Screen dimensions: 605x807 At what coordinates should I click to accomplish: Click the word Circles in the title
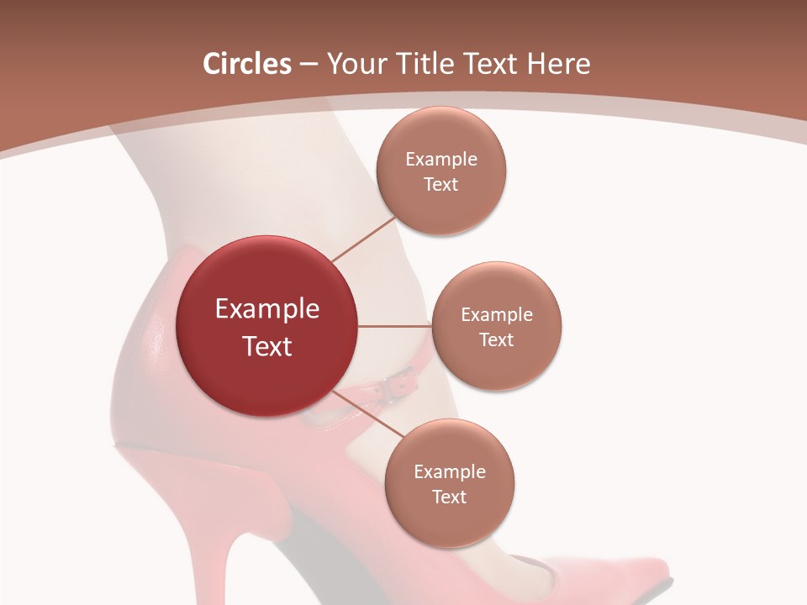tap(247, 64)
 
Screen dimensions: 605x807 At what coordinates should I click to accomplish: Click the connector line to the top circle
tap(363, 239)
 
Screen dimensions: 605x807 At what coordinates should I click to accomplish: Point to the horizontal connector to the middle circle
tap(394, 326)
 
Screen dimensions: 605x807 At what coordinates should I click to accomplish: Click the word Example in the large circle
tap(267, 309)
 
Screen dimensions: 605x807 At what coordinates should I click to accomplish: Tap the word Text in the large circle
tap(267, 346)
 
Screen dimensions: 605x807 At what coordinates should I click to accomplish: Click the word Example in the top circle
tap(441, 160)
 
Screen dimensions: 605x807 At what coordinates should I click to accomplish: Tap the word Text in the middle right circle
tap(496, 340)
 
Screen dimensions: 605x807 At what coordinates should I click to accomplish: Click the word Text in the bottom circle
tap(449, 497)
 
